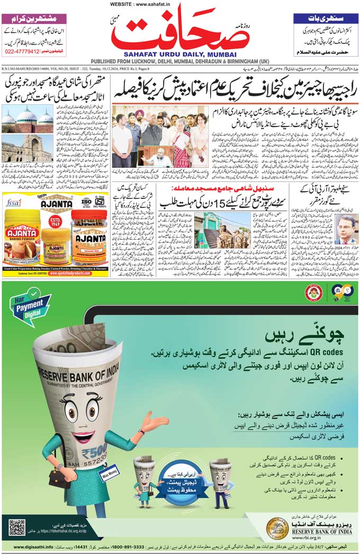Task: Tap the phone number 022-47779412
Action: (x=26, y=52)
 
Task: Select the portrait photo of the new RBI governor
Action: (x=346, y=229)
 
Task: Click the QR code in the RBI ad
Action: (x=17, y=527)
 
